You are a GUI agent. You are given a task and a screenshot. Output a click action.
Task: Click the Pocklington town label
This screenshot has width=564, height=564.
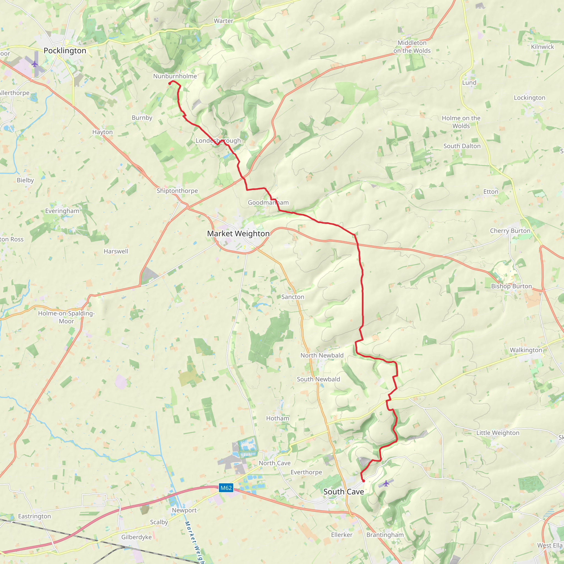(65, 51)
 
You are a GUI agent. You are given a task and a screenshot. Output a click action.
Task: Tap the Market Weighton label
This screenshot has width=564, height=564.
(238, 234)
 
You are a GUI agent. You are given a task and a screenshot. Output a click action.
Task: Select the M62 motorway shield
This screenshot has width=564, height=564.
(226, 488)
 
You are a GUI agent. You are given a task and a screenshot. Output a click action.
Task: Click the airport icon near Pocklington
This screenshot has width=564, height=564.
(35, 64)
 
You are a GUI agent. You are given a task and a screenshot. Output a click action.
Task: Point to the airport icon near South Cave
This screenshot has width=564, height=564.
(386, 483)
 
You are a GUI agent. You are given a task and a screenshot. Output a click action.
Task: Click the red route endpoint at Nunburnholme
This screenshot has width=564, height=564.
(170, 84)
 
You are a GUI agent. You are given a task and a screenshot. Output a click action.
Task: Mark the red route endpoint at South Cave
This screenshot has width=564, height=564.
(364, 481)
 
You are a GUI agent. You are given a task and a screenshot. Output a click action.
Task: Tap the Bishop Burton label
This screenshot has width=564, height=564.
(511, 286)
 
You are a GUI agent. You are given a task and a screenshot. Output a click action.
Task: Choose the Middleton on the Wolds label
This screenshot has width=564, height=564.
(412, 47)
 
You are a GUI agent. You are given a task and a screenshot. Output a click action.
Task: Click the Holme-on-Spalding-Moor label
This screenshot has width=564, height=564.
(67, 317)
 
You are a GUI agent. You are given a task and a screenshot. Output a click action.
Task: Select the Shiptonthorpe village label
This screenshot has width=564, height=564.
(177, 191)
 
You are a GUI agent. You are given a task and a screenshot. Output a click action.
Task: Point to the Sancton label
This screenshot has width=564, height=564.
(292, 297)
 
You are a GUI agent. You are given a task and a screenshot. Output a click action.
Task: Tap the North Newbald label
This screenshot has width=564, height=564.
(322, 355)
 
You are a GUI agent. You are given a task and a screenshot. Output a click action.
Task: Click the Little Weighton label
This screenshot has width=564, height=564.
(498, 433)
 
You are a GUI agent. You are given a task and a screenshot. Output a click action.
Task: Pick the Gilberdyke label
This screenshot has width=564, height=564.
(136, 537)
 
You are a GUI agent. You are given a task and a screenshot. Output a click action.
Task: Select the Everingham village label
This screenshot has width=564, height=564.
(62, 211)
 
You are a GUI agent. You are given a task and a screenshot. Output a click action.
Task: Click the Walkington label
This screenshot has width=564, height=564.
(526, 350)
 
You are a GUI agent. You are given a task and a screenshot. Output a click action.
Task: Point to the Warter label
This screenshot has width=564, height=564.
(223, 21)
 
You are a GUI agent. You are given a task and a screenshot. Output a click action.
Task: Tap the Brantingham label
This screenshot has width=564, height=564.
(385, 535)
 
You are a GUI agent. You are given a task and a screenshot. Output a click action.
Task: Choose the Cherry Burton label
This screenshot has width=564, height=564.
(510, 231)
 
